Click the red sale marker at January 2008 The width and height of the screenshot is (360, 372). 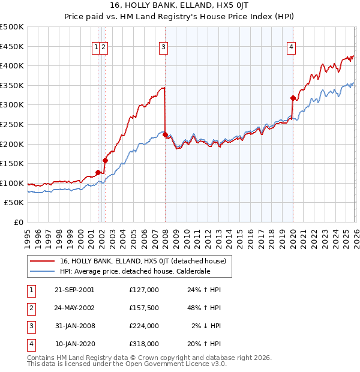tap(165, 135)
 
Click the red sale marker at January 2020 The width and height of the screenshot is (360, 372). tap(292, 98)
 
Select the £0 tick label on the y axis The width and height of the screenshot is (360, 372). tap(18, 222)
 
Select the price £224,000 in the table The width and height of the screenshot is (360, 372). tap(143, 326)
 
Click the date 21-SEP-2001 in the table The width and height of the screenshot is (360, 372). tap(74, 290)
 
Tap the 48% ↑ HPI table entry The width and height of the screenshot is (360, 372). tap(203, 308)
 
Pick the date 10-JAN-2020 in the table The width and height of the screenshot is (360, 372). tap(74, 344)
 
